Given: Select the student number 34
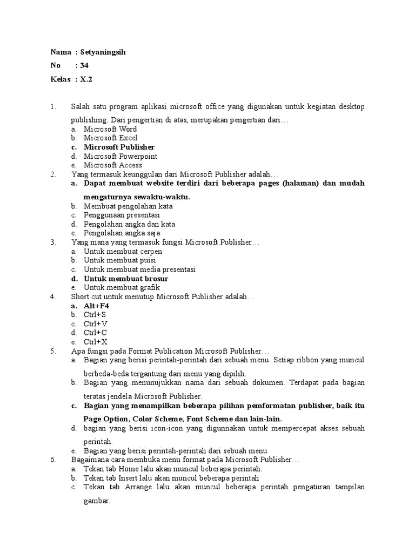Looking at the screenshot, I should tap(84, 65).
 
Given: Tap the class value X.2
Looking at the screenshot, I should tap(86, 79).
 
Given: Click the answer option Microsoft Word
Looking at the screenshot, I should tap(110, 129).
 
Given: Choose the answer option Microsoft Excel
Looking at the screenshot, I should tap(110, 138).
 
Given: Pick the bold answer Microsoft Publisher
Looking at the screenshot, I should tap(119, 147).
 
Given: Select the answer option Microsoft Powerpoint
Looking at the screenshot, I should tap(121, 156).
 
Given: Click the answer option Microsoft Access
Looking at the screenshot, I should tap(113, 165).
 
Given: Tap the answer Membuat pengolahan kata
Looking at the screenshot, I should tap(128, 206).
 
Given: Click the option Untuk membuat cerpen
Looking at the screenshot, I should tap(123, 252).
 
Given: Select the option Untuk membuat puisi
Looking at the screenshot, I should tap(119, 260).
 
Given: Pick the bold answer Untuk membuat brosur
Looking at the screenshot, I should tap(126, 279).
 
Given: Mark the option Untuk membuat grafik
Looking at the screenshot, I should tap(122, 288).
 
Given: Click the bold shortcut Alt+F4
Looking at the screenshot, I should tap(96, 306).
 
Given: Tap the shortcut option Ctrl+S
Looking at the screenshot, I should tap(95, 315).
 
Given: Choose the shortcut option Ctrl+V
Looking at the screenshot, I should tap(95, 324).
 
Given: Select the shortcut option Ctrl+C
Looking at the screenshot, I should tap(95, 333).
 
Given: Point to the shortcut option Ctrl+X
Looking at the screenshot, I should tap(95, 342).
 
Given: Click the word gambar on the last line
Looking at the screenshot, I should tap(96, 501).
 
